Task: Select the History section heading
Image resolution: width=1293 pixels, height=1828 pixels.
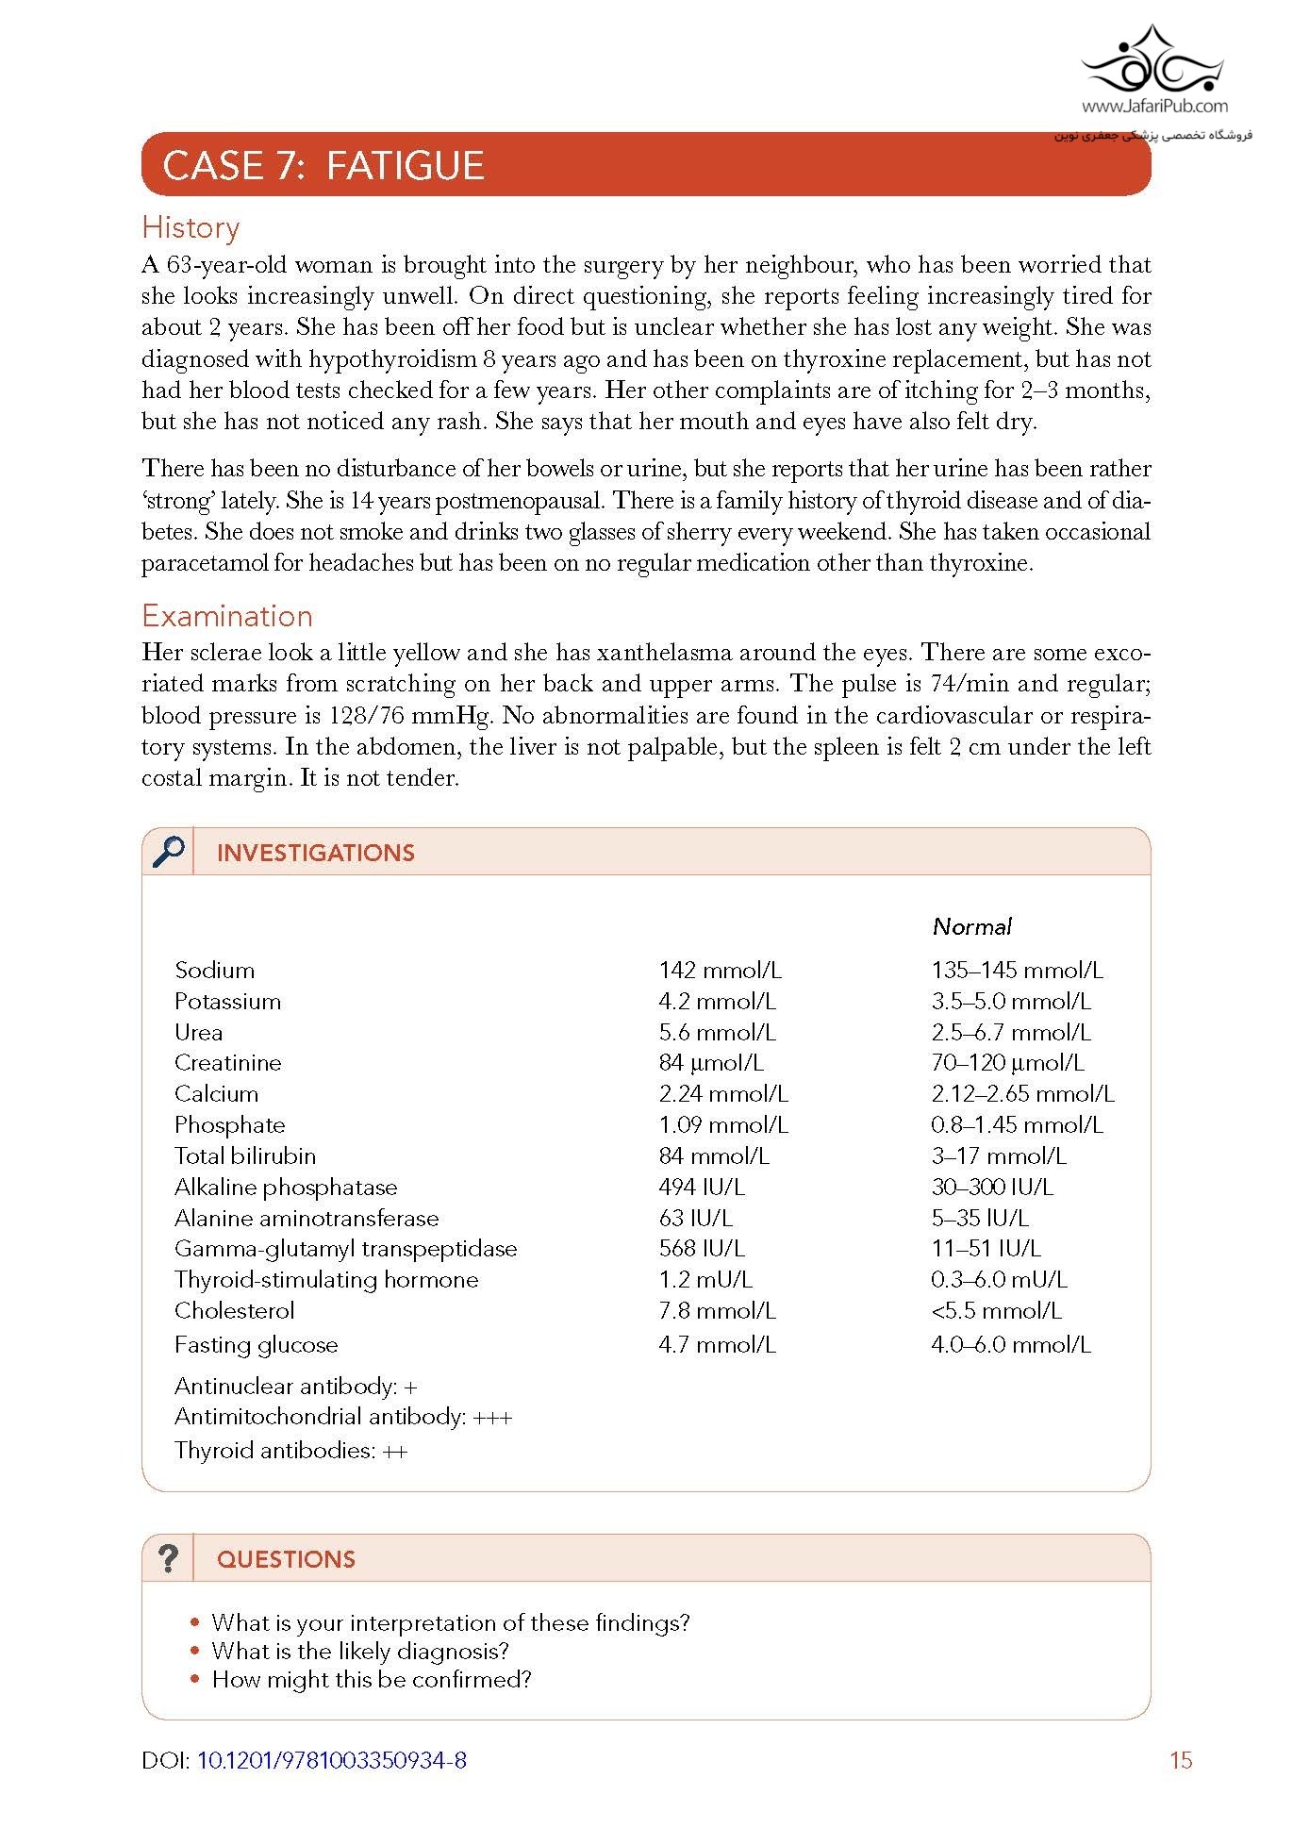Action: (191, 227)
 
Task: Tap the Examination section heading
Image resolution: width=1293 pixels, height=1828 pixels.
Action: (227, 616)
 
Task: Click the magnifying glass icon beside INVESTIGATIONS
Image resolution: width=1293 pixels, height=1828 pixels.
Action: (169, 852)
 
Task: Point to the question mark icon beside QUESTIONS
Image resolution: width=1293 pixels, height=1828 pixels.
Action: (168, 1558)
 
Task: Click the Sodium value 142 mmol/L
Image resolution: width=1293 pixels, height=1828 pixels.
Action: (720, 971)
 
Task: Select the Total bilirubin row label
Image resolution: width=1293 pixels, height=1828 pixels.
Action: (245, 1156)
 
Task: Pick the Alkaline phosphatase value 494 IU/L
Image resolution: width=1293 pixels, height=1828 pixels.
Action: (702, 1188)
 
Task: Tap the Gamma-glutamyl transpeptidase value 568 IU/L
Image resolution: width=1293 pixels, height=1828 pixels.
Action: (702, 1249)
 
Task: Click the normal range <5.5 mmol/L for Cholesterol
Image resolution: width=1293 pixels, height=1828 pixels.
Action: (996, 1311)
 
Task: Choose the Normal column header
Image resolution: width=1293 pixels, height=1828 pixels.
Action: (971, 926)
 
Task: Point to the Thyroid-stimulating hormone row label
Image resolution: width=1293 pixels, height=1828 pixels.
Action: (326, 1280)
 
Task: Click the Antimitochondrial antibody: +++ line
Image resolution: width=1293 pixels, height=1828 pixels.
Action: (343, 1417)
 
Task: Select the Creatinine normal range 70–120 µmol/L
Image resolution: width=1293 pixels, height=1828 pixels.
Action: (1007, 1063)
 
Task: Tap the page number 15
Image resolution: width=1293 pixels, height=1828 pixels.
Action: (1181, 1760)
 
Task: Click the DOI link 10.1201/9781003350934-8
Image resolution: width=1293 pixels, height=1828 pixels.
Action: (331, 1760)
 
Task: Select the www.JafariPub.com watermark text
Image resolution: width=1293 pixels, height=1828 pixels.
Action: (1154, 107)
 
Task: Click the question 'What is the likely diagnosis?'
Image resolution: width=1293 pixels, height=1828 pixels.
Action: (360, 1652)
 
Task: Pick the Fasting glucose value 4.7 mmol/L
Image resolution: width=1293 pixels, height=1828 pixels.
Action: (717, 1345)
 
